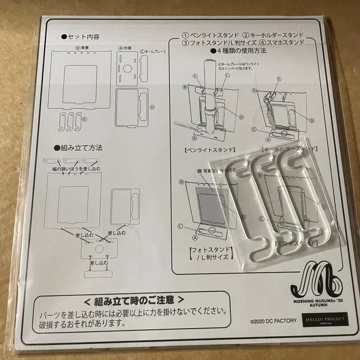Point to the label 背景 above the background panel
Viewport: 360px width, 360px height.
tap(82, 47)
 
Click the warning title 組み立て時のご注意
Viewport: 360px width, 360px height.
tap(134, 300)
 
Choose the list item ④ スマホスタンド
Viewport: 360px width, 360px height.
tap(281, 42)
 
